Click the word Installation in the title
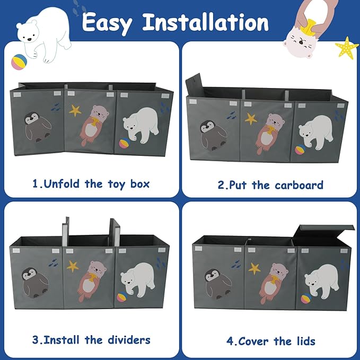pyautogui.click(x=206, y=22)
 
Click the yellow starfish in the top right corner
pyautogui.click(x=347, y=48)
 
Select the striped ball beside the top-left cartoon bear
pyautogui.click(x=19, y=62)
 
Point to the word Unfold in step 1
pyautogui.click(x=62, y=183)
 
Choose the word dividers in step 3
pyautogui.click(x=129, y=340)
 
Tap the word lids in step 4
pyautogui.click(x=306, y=341)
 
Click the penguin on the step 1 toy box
pyautogui.click(x=38, y=127)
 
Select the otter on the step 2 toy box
pyautogui.click(x=270, y=133)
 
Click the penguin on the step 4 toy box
pyautogui.click(x=218, y=284)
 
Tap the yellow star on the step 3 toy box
pyautogui.click(x=73, y=266)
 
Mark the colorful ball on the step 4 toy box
pyautogui.click(x=306, y=298)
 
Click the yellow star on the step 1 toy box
pyautogui.click(x=75, y=110)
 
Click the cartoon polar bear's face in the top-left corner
pyautogui.click(x=27, y=32)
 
